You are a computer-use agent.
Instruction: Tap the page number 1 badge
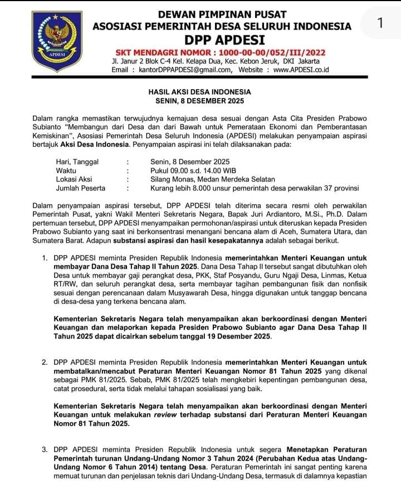click(x=380, y=23)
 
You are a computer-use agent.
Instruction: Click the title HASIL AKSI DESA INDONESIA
click(x=199, y=92)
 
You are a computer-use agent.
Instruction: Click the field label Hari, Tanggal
click(x=77, y=162)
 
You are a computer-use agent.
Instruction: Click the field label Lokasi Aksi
click(x=75, y=179)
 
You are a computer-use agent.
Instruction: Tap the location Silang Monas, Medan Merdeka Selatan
click(x=213, y=179)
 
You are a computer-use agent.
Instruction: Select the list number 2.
click(x=45, y=363)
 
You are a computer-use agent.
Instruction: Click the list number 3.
click(x=45, y=449)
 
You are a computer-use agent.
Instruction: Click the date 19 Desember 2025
click(x=238, y=337)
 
